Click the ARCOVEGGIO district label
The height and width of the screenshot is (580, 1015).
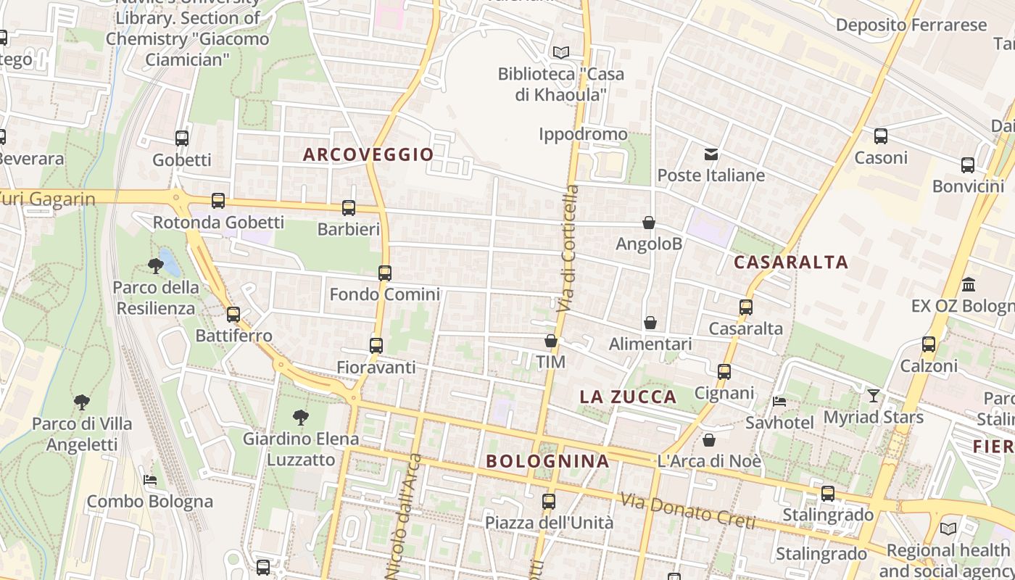(368, 154)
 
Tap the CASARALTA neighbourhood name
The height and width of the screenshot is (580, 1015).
(790, 262)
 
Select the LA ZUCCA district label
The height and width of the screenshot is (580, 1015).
(628, 397)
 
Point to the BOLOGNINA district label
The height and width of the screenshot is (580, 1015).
(547, 461)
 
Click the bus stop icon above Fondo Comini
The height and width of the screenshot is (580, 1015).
(385, 273)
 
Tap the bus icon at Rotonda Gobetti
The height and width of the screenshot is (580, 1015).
(218, 201)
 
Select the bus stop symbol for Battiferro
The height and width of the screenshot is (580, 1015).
(233, 315)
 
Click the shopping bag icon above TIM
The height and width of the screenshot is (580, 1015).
(551, 340)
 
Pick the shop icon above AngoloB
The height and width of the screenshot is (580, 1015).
(649, 223)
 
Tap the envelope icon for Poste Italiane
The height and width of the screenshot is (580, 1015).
(710, 154)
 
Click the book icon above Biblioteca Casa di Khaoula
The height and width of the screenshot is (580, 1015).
(560, 52)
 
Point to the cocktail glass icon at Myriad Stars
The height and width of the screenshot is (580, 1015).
(874, 396)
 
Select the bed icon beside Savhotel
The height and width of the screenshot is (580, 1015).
(779, 401)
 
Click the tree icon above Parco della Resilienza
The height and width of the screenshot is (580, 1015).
(155, 266)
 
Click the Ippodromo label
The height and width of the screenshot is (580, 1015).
(583, 134)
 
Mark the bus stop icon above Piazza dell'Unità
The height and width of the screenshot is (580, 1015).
(549, 501)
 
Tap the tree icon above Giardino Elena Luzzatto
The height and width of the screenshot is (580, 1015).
(301, 418)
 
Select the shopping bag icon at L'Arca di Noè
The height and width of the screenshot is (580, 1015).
(709, 440)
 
